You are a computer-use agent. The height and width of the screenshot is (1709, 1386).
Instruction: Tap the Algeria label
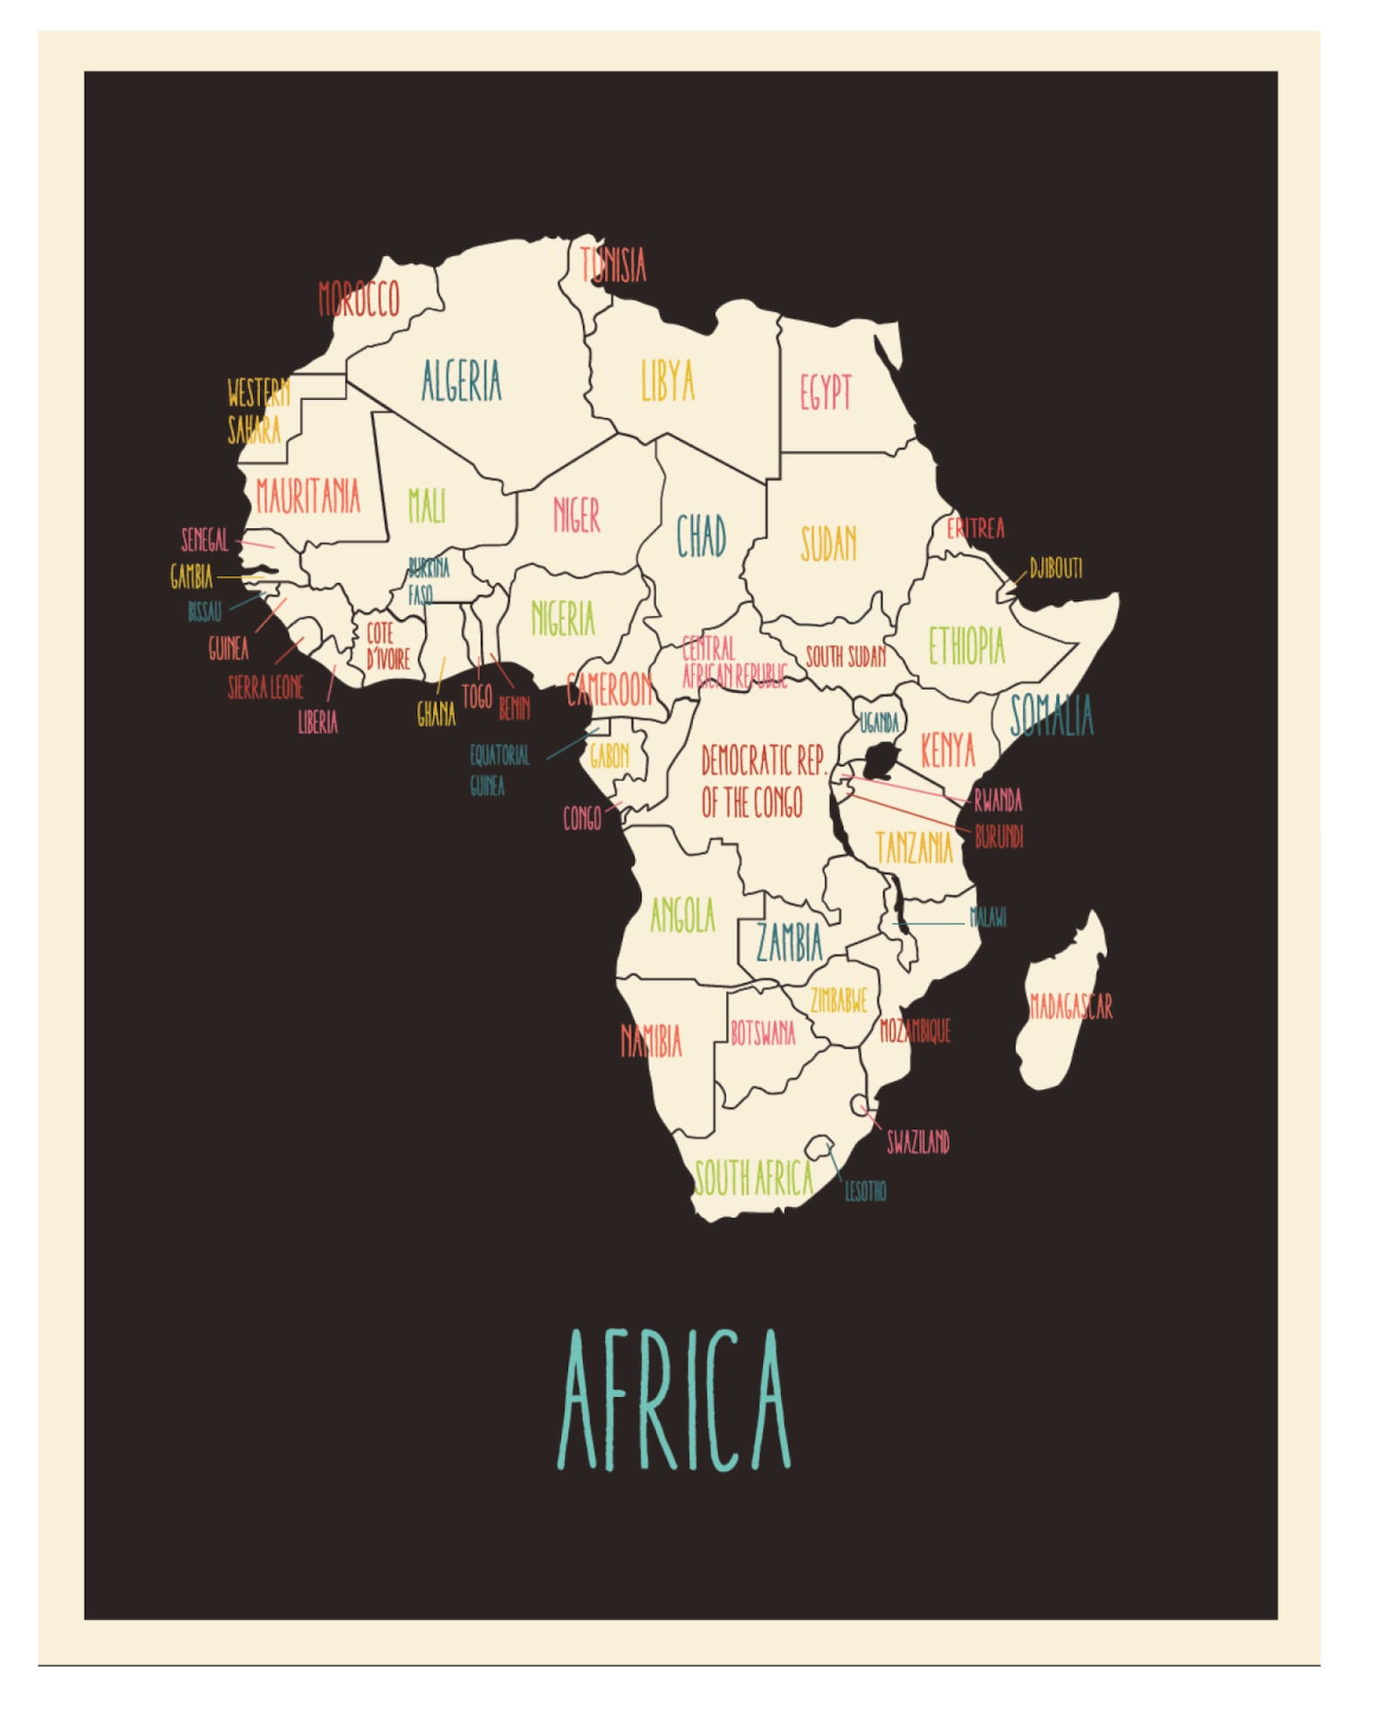tap(461, 381)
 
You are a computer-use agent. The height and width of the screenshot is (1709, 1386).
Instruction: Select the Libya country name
tap(668, 381)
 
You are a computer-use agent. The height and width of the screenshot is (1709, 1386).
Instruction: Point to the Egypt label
tap(825, 392)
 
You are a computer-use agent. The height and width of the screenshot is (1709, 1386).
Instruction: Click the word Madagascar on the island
tap(1071, 1006)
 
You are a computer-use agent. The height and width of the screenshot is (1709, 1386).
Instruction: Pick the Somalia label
tap(1051, 716)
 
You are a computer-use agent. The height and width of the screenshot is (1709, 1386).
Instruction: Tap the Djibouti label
tap(1055, 569)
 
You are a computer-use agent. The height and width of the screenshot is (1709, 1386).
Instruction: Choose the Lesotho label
tap(865, 1191)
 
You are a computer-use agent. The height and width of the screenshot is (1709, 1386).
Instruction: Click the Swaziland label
tap(917, 1142)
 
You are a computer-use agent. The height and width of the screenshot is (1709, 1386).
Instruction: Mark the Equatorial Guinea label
tap(499, 769)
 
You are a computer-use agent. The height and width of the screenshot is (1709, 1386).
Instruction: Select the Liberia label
tap(318, 722)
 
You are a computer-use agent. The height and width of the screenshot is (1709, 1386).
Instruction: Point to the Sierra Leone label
tap(265, 688)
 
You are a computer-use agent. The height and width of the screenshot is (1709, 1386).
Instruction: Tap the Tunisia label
tap(614, 264)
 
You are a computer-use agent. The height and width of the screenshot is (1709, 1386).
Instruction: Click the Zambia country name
tap(789, 943)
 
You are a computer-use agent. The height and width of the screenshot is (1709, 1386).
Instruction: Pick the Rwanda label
tap(998, 800)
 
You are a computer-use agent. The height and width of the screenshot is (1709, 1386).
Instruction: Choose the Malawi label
tap(988, 916)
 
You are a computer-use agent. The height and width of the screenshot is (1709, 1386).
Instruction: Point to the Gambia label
tap(191, 576)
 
